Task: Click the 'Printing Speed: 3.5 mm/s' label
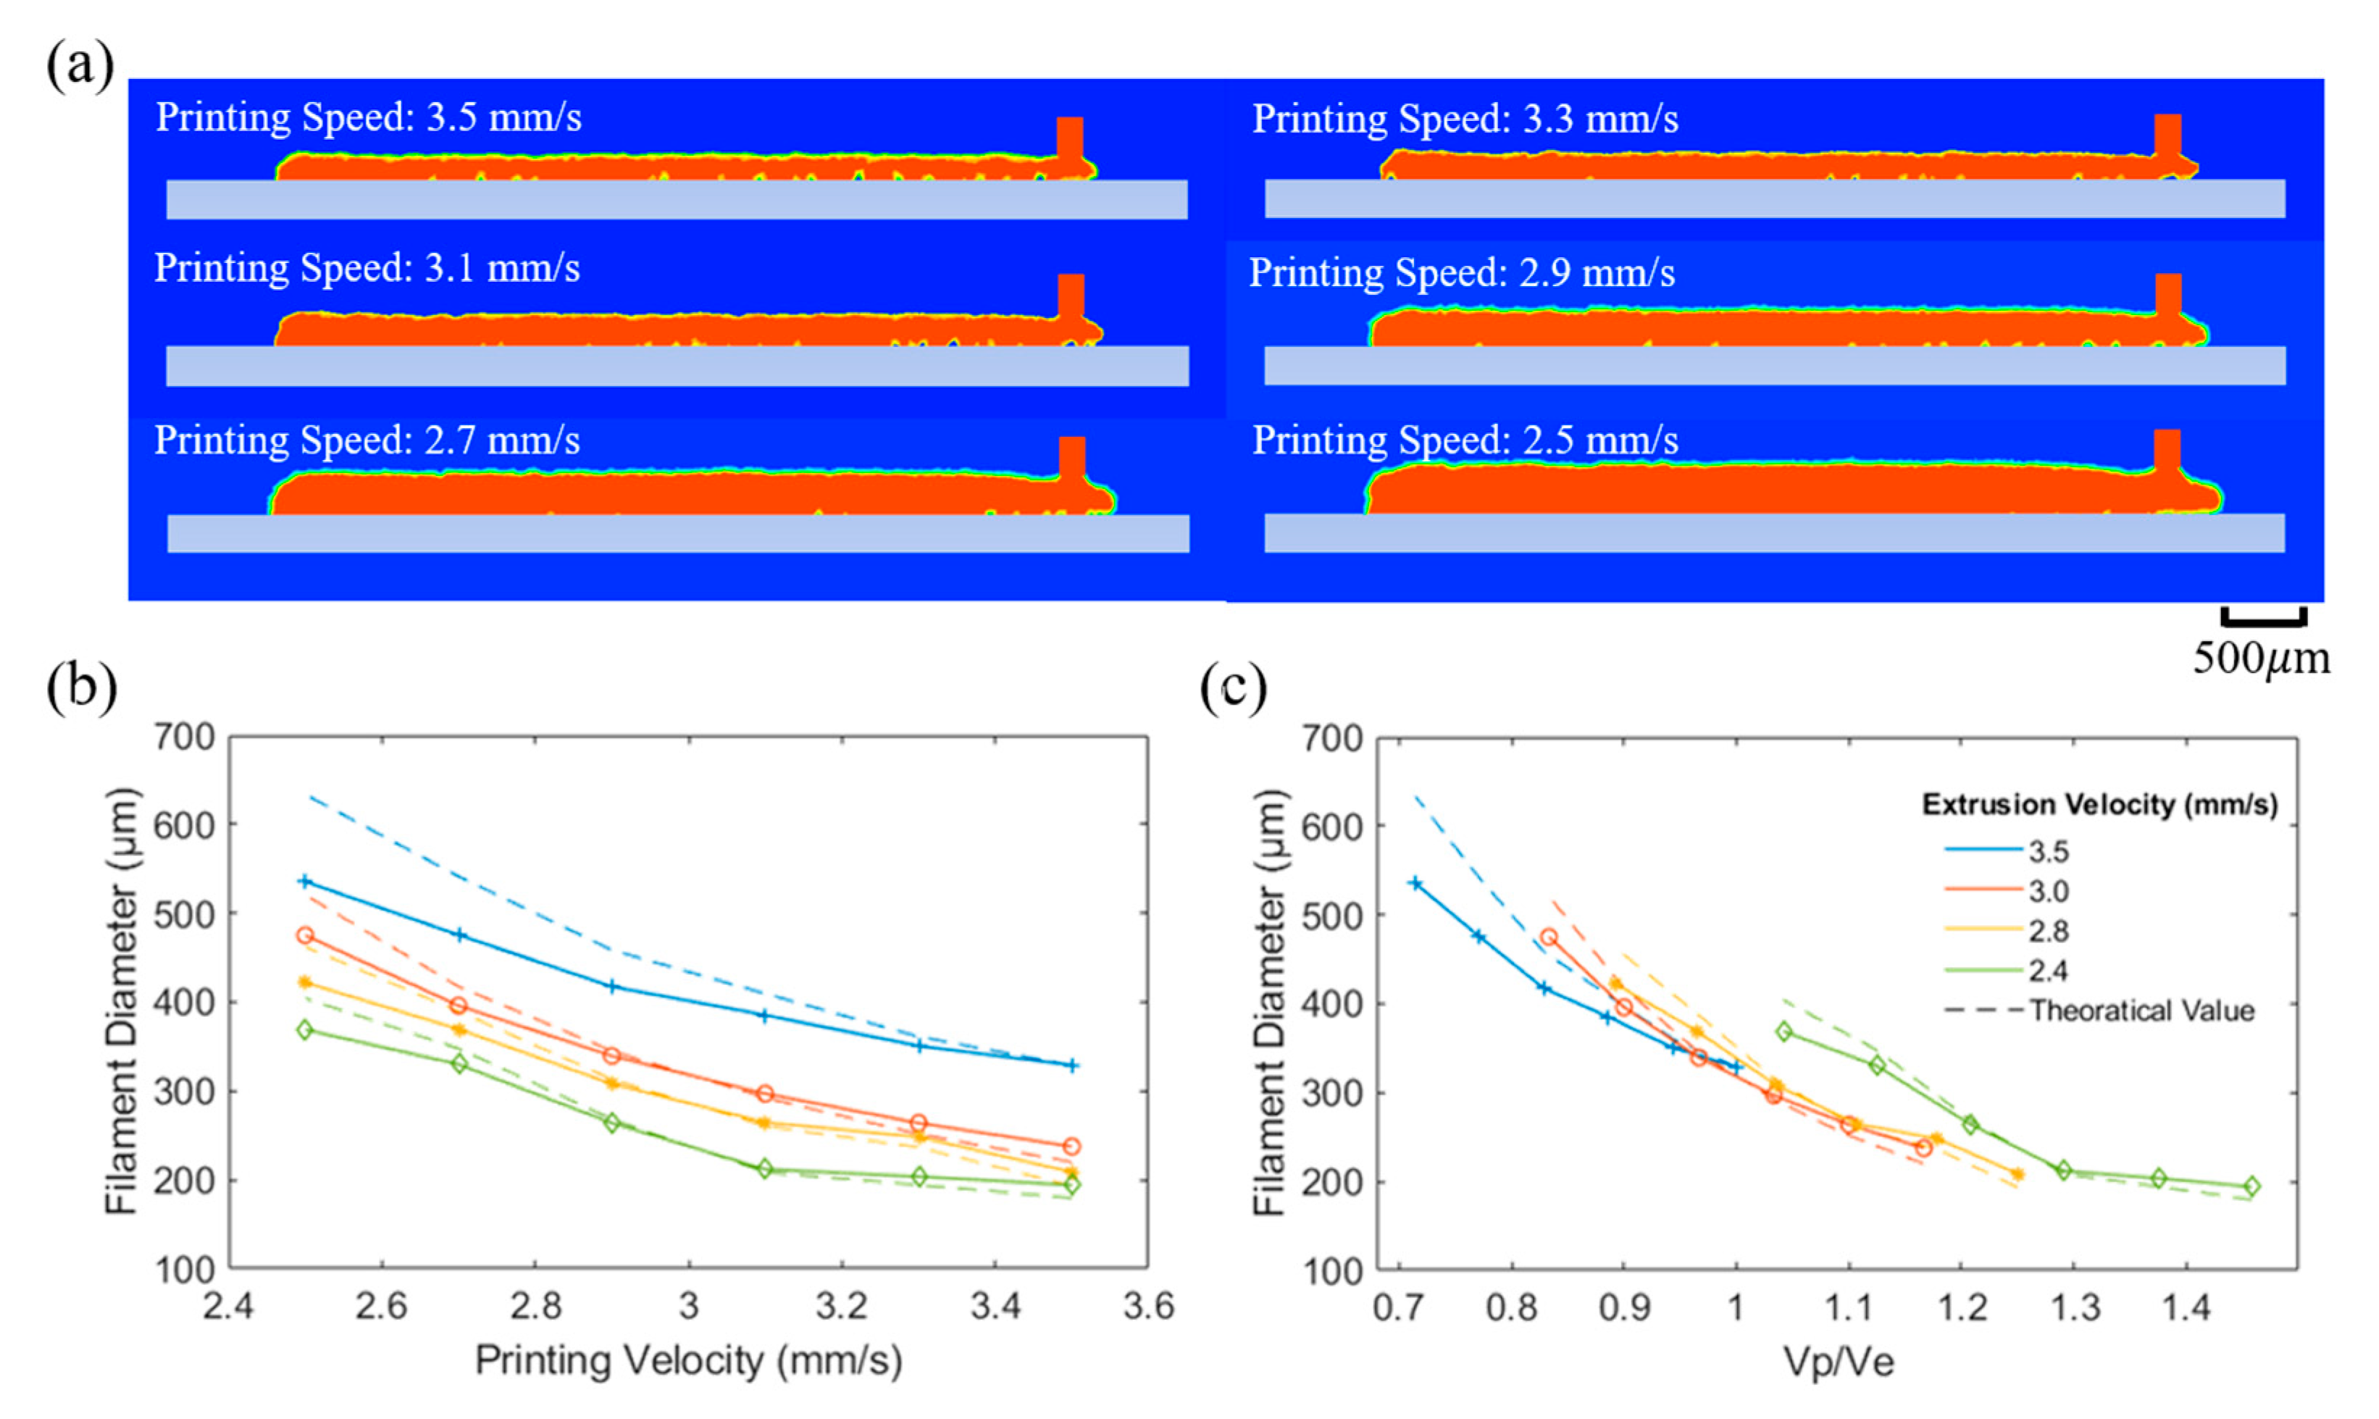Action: (x=368, y=117)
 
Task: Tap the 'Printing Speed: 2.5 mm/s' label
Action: (x=1464, y=441)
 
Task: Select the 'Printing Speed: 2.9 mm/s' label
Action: (x=1461, y=274)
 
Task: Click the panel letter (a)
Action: (x=80, y=67)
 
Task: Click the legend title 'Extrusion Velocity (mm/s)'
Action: (x=2099, y=805)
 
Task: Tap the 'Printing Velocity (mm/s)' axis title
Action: (x=687, y=1360)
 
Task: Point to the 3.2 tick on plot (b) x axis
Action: (x=842, y=1306)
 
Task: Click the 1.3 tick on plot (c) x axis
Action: (x=2074, y=1306)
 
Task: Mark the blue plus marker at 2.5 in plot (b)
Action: (x=305, y=882)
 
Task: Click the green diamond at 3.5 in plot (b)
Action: (x=1072, y=1185)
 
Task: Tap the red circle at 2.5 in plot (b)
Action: (x=305, y=935)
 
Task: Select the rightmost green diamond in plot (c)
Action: (x=2252, y=1186)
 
